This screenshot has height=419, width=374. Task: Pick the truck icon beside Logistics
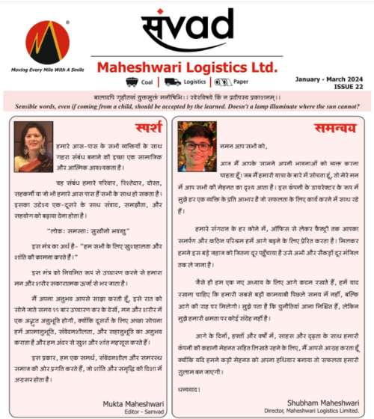coord(173,82)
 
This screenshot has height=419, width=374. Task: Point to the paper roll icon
coord(221,82)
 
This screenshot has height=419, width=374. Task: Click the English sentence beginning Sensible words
coord(187,105)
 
